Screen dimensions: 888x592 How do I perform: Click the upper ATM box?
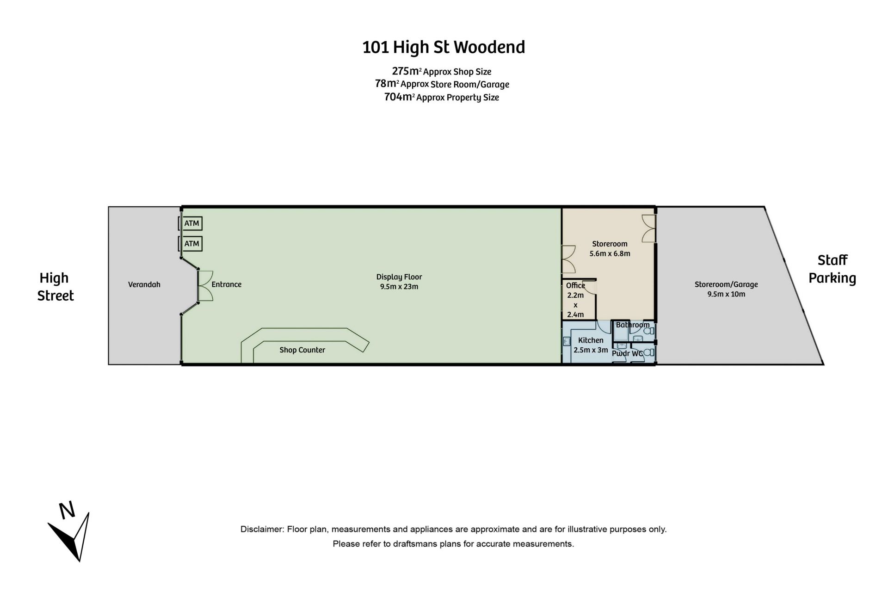191,223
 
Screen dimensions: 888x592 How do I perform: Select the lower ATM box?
191,244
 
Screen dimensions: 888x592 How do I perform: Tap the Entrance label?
227,284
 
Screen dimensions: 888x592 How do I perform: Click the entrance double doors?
205,286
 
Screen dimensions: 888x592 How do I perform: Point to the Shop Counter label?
302,350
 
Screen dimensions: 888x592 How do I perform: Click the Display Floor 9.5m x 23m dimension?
399,287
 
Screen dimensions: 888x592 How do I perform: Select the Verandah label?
144,284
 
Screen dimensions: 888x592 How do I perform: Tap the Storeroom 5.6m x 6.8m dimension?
610,253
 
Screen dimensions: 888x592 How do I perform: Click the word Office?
576,286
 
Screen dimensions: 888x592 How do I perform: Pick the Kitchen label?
591,340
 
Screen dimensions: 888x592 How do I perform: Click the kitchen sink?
567,341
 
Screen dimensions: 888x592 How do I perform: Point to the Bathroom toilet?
649,331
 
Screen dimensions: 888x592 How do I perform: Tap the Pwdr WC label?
627,354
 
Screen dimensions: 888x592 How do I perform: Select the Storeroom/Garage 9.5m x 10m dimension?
726,294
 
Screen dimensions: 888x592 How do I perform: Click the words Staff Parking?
832,269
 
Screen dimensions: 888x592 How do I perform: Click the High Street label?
55,287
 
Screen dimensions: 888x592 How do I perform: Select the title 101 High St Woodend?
444,48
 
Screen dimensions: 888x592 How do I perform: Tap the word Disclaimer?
261,529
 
